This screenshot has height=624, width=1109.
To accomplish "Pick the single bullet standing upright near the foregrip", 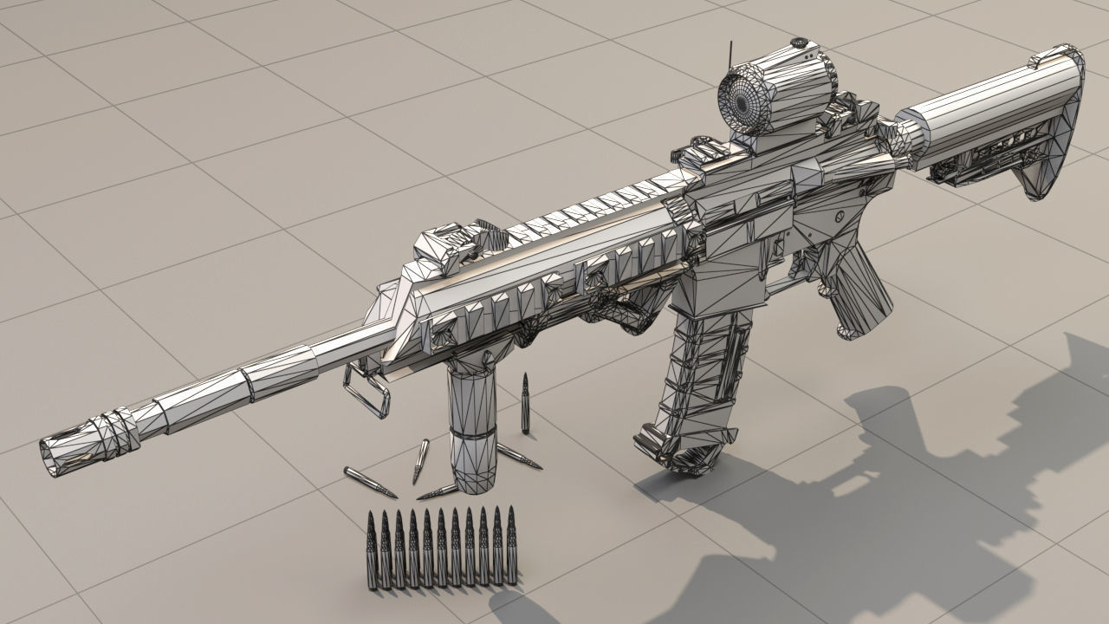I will click(525, 404).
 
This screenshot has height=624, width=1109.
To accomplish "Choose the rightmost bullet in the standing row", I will click(510, 546).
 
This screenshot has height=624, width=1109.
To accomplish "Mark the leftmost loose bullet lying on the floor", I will click(369, 483).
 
